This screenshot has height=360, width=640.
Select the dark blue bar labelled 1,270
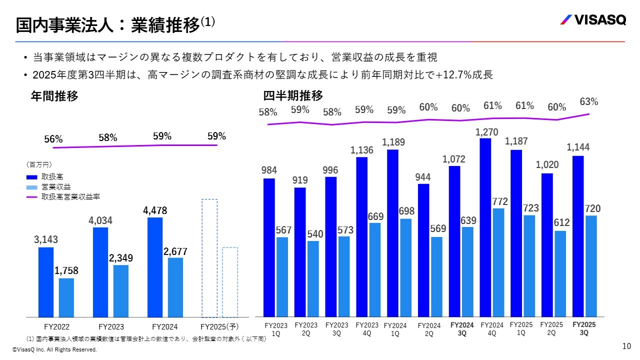(485, 227)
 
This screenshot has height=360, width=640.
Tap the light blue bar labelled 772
(498, 262)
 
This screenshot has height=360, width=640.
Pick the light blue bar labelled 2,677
(175, 287)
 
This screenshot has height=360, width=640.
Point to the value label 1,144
(578, 147)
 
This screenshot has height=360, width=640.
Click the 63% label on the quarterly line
(589, 101)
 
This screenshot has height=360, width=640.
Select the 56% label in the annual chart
(53, 139)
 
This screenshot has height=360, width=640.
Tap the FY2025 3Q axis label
(584, 328)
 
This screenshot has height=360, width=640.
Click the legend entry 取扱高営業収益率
(70, 197)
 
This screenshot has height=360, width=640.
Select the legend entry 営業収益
(56, 187)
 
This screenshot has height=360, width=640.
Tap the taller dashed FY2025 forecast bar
(209, 258)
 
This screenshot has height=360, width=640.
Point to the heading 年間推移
(54, 96)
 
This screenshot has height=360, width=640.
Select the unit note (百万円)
(39, 163)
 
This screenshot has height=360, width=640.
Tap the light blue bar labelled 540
(313, 279)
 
